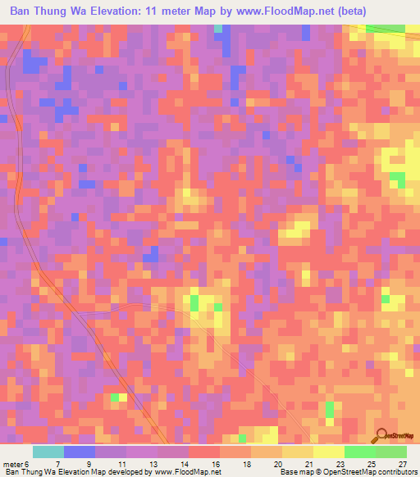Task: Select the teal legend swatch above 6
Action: click(x=48, y=452)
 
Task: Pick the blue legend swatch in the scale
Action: click(x=80, y=452)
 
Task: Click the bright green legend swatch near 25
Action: click(x=359, y=452)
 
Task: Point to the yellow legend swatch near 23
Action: click(x=328, y=452)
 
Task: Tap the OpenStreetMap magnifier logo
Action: click(x=381, y=436)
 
